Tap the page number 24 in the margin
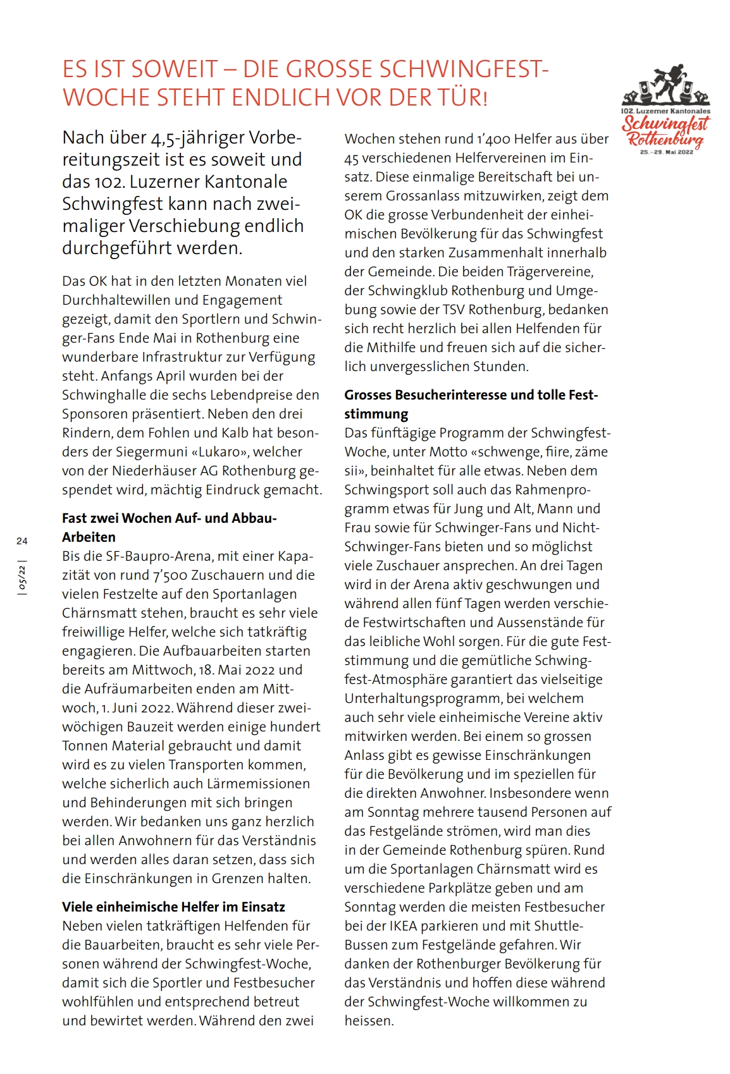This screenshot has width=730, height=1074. [x=22, y=540]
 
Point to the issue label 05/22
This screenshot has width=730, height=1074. [x=23, y=578]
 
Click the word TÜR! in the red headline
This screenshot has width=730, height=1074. [x=464, y=98]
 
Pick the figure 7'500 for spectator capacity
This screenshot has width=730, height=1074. [x=170, y=575]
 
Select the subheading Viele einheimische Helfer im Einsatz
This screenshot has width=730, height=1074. [x=173, y=907]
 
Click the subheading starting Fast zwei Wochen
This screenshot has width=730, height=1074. [x=170, y=518]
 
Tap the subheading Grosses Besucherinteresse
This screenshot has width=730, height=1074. [x=471, y=395]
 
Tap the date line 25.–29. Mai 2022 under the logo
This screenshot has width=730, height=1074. [x=667, y=152]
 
